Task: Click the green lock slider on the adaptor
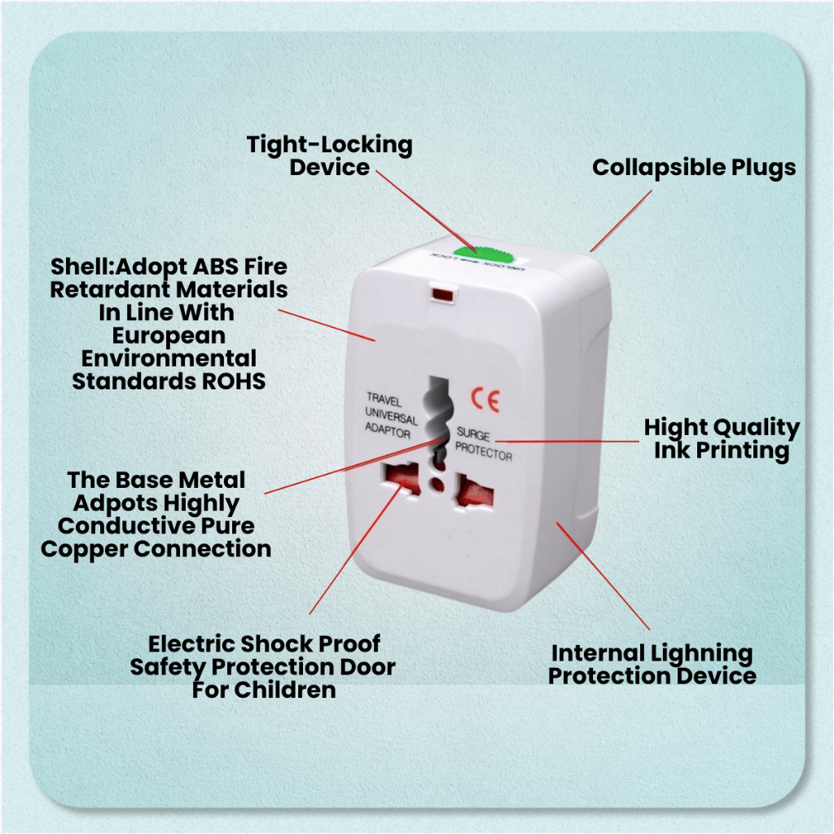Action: point(483,256)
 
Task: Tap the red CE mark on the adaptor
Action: point(485,400)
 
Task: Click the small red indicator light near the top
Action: point(443,295)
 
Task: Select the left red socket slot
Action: point(401,477)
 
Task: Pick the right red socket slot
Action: point(475,491)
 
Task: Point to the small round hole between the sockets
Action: point(437,485)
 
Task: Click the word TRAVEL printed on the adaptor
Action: point(384,399)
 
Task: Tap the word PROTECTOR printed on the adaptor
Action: point(484,452)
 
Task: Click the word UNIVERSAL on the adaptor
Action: point(391,415)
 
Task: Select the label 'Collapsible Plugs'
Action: point(694,168)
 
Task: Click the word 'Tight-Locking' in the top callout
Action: point(330,145)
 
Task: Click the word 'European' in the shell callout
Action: point(169,336)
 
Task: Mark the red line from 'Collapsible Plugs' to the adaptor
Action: point(621,221)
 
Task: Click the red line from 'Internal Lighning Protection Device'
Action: point(604,577)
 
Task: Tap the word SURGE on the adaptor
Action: point(473,434)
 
